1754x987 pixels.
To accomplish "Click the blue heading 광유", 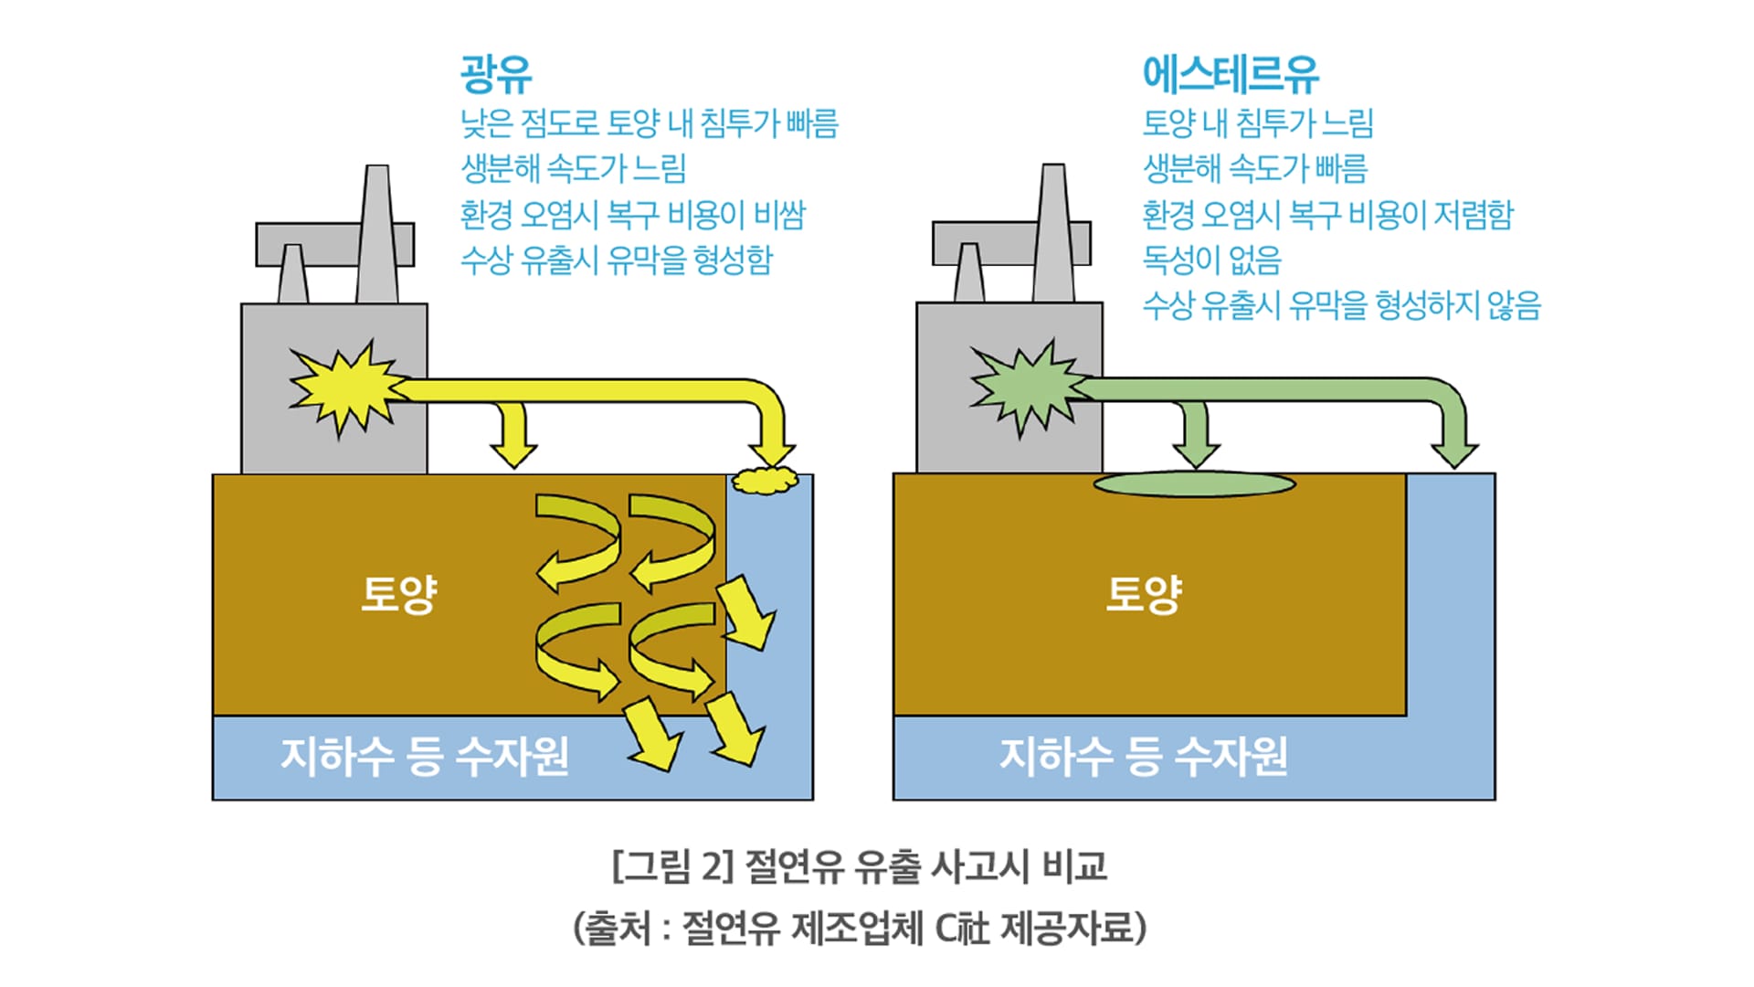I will pos(496,74).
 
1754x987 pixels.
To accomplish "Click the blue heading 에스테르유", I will pos(1230,74).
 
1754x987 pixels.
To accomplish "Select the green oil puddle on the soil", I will pos(1194,484).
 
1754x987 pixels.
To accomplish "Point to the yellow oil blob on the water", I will pos(765,480).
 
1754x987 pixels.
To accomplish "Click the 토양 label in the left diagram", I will pos(399,594).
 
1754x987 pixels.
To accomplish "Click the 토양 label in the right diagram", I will pos(1144,594).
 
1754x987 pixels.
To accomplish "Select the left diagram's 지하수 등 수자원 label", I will pos(425,757).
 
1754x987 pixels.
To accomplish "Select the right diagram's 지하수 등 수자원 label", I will pos(1143,757).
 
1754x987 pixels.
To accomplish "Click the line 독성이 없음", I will pos(1211,260).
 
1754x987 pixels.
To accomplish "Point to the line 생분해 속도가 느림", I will pos(573,168).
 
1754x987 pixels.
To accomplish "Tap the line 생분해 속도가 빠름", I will pos(1255,168).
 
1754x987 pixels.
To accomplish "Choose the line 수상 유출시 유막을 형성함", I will pos(617,260).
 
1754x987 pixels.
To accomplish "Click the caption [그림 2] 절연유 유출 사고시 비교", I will pos(859,865).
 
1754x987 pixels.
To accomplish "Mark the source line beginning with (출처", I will pos(859,929).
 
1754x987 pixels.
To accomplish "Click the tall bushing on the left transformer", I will pos(376,234).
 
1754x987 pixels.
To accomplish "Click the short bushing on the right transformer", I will pos(968,272).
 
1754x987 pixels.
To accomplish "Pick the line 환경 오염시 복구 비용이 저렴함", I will pos(1327,215).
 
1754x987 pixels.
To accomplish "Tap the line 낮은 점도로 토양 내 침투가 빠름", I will pos(649,122).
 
